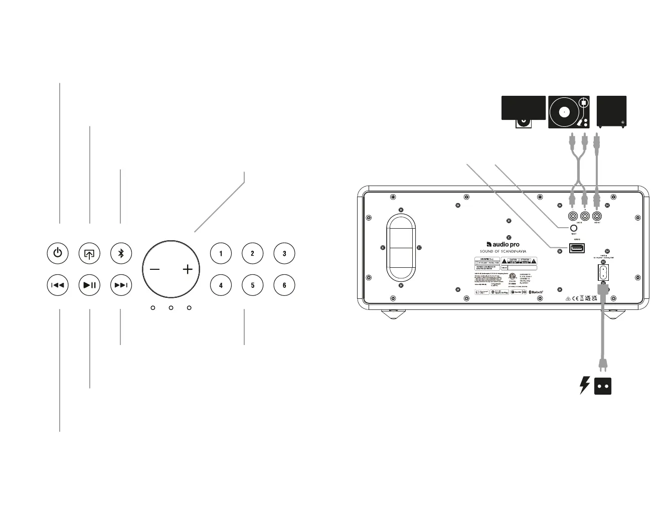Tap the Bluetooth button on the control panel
tap(121, 253)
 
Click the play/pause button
tap(90, 285)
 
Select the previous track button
tap(58, 285)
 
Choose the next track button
tap(121, 285)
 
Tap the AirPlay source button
tap(89, 253)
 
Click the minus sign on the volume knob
tap(154, 270)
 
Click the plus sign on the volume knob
tap(188, 270)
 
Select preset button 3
tap(284, 253)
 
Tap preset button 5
tap(253, 285)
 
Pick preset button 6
tap(284, 285)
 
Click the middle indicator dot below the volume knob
tap(171, 307)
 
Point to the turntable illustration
tap(569, 112)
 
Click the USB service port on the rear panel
tap(577, 248)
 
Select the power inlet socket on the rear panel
tap(603, 273)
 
